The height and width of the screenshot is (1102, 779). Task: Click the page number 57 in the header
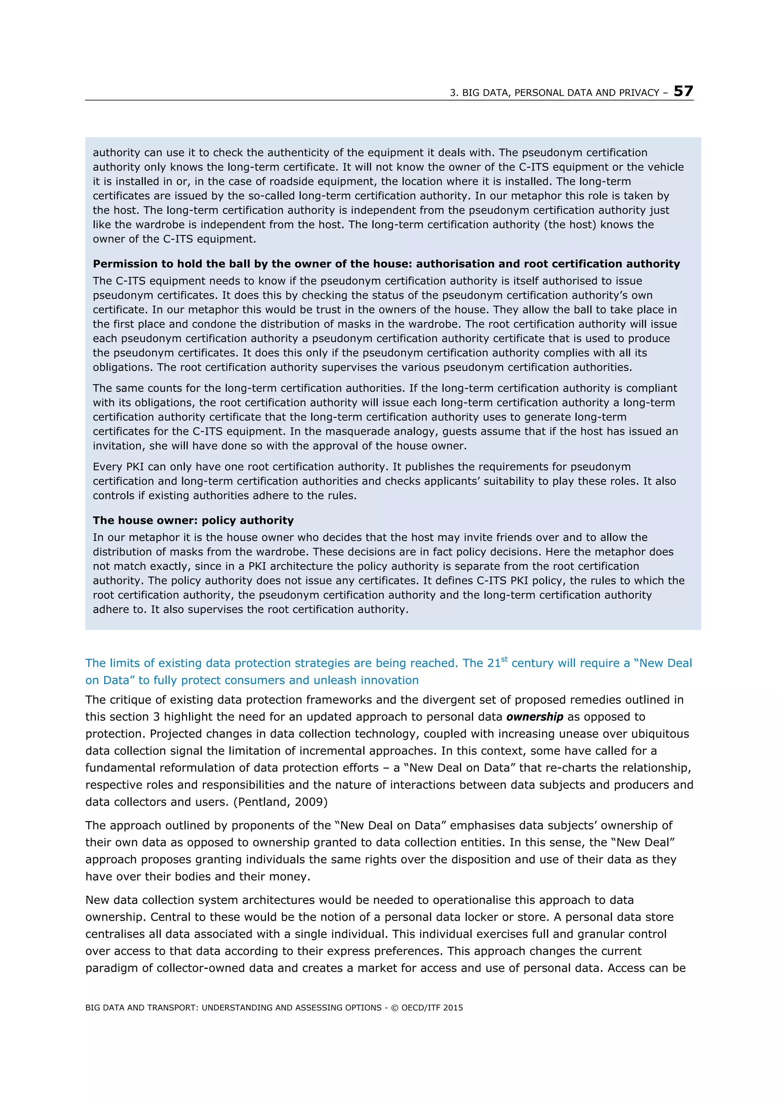[x=683, y=91]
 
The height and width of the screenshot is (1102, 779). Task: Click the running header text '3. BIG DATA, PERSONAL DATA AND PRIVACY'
[x=554, y=93]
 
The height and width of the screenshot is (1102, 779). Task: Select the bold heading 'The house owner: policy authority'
[x=193, y=520]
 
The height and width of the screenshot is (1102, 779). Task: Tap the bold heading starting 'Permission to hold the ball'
[x=386, y=264]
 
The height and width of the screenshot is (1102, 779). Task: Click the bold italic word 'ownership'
[x=535, y=717]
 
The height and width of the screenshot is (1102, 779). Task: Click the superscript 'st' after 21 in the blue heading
[x=504, y=660]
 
